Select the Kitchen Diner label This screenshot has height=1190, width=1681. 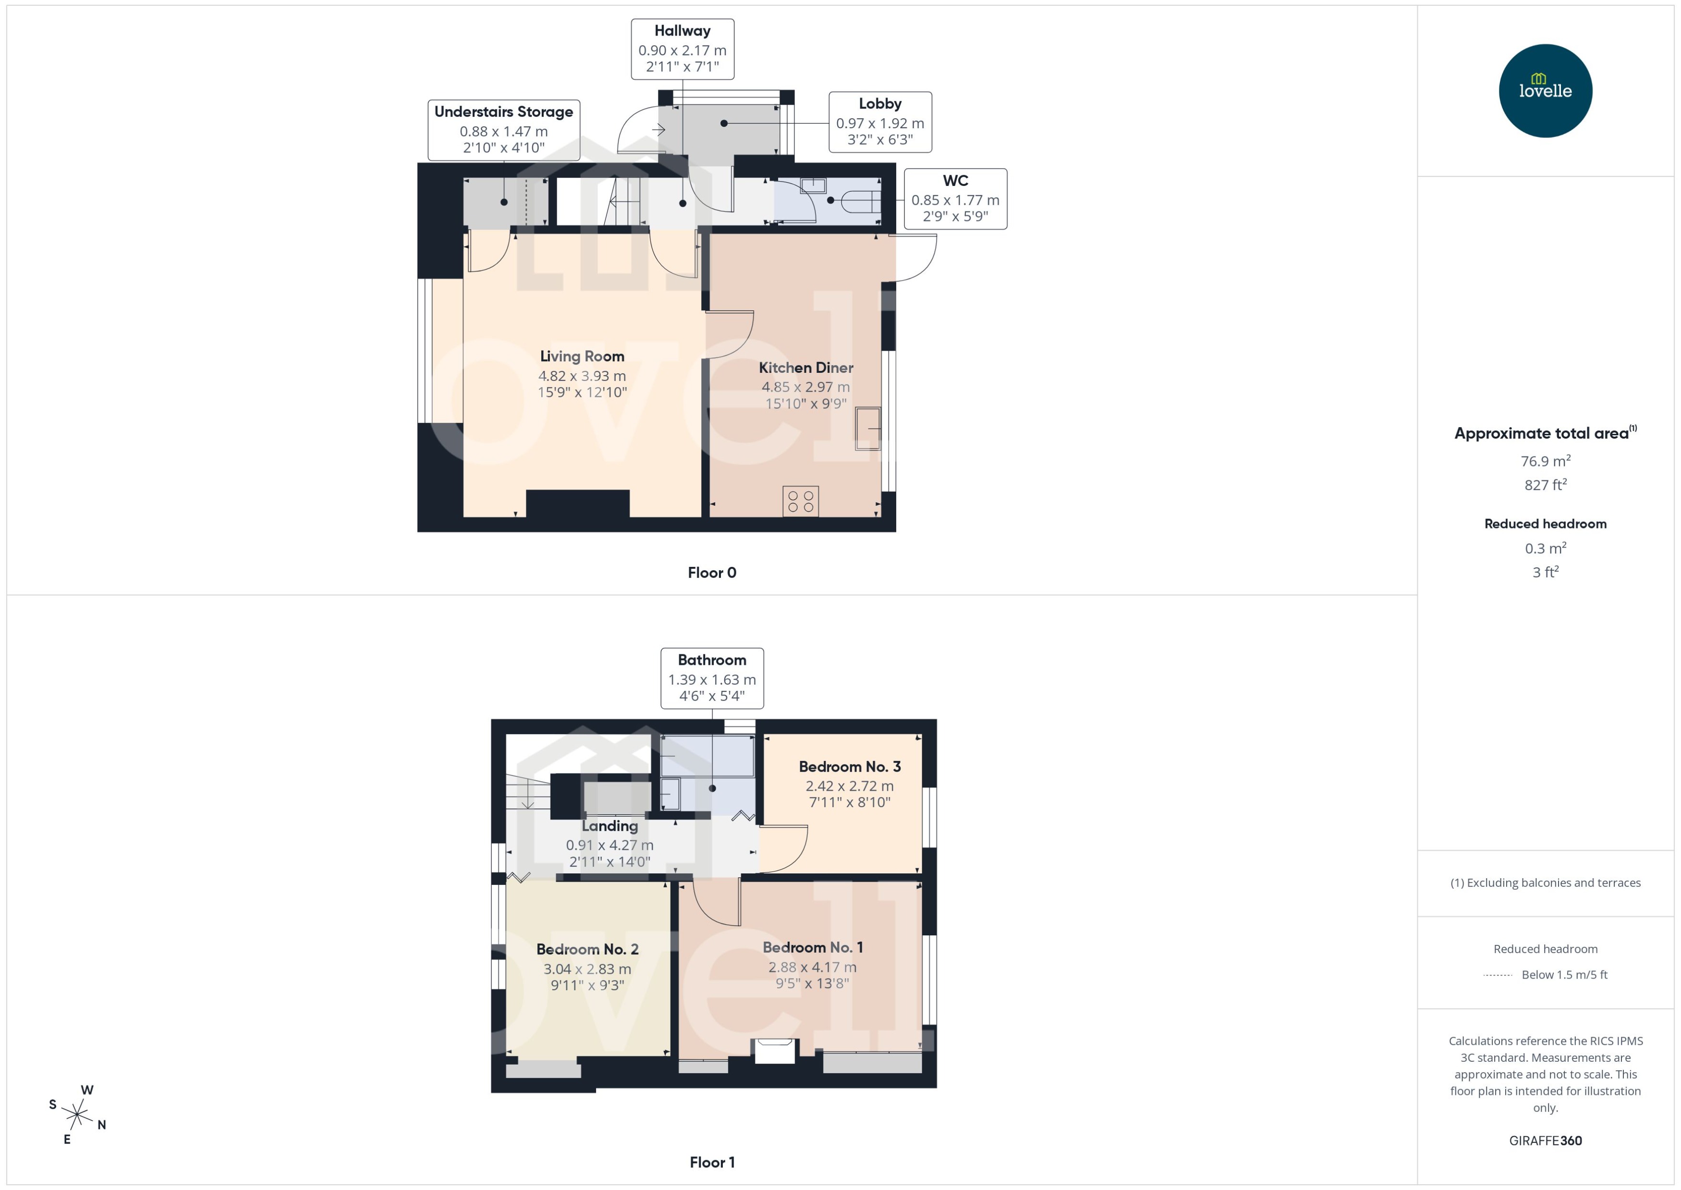806,368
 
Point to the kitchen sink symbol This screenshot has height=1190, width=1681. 868,428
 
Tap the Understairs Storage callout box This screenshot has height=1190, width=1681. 504,130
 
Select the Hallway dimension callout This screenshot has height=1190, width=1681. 682,49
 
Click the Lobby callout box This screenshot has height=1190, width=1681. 880,122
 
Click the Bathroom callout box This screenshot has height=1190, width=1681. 711,678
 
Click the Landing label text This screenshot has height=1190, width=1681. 609,826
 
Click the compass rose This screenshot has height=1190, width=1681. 77,1115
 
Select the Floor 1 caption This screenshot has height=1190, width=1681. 711,1162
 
